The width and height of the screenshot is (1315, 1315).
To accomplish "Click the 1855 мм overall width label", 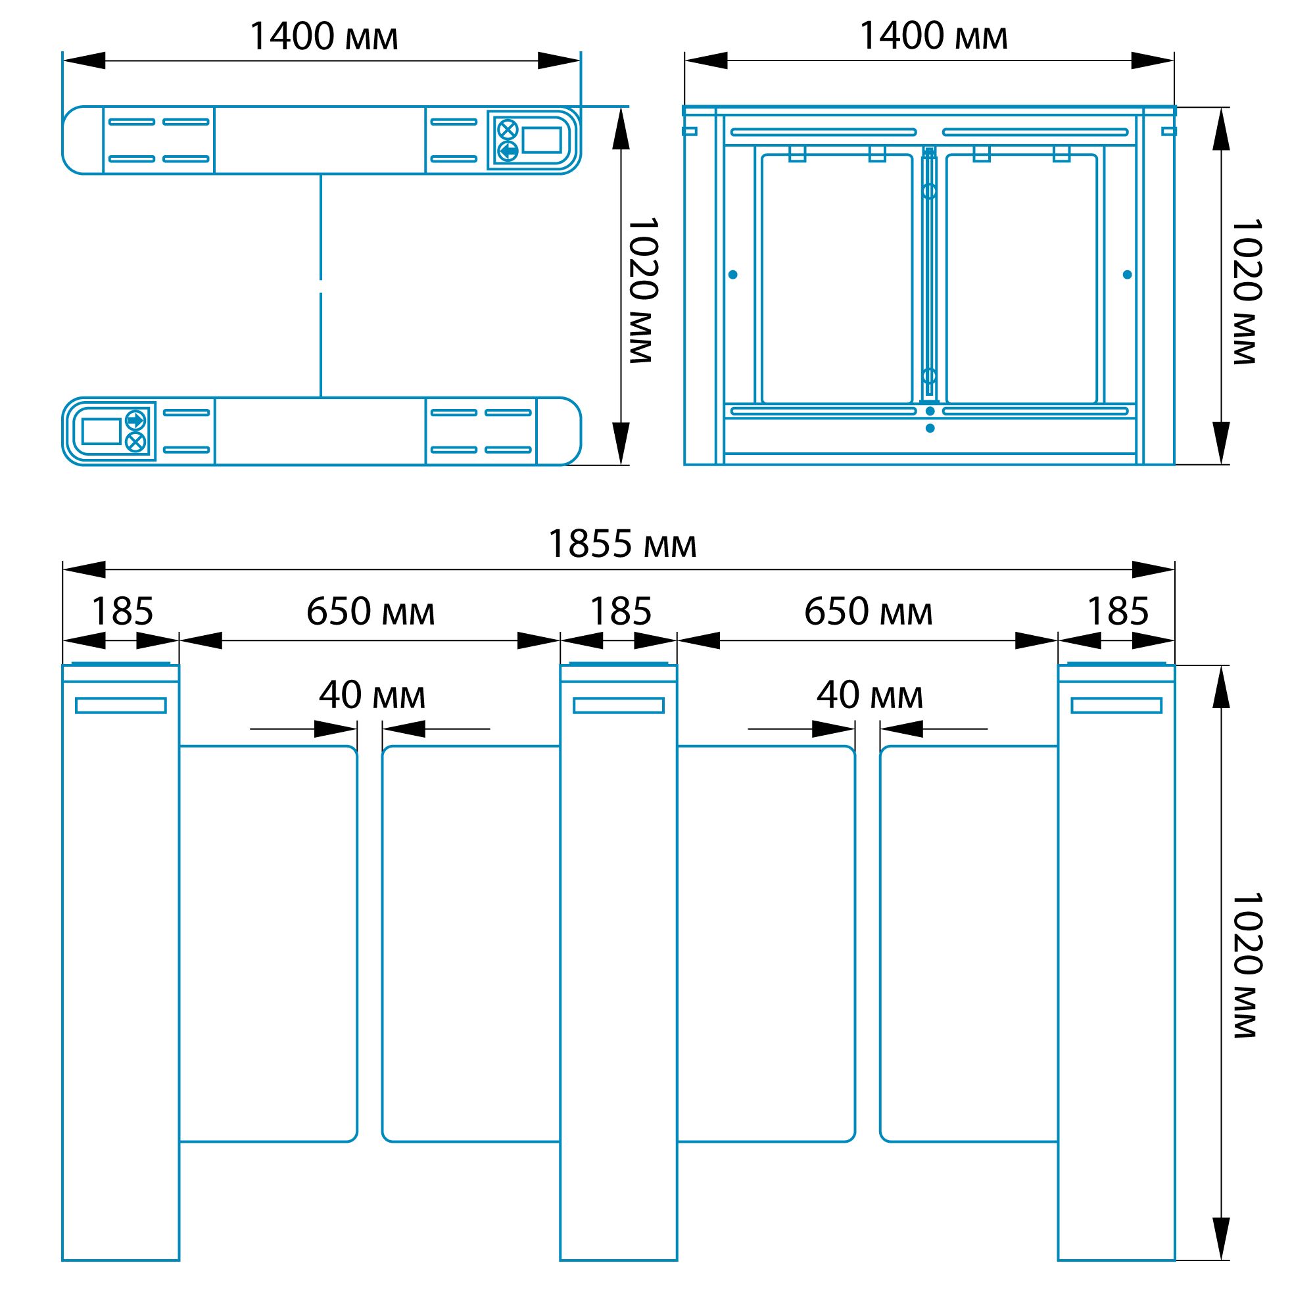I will (622, 545).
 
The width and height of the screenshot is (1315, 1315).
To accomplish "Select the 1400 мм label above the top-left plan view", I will (323, 37).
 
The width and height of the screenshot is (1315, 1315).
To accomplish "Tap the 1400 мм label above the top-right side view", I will (933, 37).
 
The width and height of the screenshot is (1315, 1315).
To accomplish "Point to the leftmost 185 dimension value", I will (122, 611).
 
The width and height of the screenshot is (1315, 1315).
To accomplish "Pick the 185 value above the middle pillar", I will (620, 611).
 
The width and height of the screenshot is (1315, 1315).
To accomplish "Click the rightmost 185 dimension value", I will (1118, 611).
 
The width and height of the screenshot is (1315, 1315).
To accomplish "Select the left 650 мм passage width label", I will (370, 611).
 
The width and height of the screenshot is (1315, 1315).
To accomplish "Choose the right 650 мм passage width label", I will (868, 611).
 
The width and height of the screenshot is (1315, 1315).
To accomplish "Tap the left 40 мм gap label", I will (371, 696).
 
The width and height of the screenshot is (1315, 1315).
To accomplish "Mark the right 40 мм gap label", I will (869, 696).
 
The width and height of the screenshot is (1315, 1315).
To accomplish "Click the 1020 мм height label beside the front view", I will (1247, 965).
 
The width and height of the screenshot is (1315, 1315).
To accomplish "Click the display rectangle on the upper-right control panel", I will (542, 140).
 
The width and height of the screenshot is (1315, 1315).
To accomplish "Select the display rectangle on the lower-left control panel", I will (101, 431).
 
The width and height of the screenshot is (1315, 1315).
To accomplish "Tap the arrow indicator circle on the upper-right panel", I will (508, 151).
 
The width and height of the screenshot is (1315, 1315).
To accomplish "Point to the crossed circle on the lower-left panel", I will (135, 442).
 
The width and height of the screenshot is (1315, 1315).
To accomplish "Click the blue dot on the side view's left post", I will (732, 275).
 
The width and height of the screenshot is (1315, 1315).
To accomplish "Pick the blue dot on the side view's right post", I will (1127, 275).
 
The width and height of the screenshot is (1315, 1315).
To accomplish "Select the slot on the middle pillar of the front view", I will (618, 705).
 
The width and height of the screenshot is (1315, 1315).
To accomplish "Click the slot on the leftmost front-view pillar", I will (120, 705).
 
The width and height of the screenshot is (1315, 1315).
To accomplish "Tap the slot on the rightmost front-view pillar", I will (1116, 705).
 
